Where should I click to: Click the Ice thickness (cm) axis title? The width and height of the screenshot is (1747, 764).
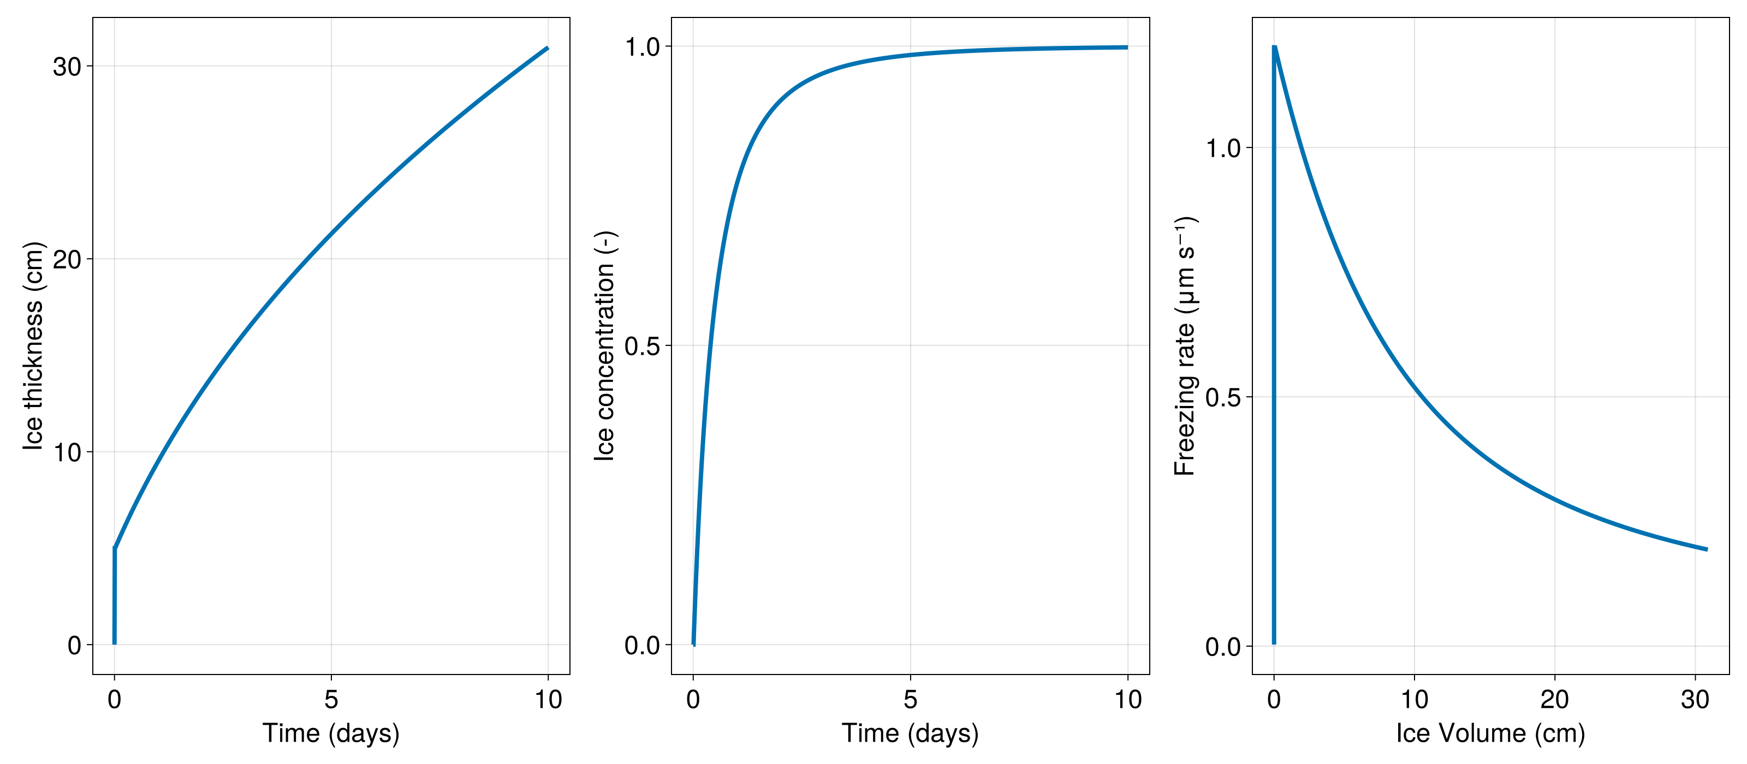coord(33,346)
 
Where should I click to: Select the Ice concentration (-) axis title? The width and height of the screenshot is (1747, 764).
coord(604,346)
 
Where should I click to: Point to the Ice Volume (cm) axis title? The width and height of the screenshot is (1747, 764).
coord(1490,733)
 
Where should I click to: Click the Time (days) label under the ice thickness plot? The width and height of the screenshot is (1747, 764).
coord(331,733)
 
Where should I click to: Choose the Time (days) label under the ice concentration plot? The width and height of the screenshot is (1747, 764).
coord(910,733)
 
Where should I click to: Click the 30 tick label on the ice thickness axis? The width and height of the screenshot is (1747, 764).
coord(67,67)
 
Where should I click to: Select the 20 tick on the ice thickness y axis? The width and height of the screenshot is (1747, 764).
coord(67,259)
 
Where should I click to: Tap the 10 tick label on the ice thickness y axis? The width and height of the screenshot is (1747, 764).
coord(67,452)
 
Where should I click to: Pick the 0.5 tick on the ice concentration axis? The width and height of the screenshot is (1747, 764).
coord(642,346)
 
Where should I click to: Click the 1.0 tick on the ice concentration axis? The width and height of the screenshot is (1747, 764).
coord(642,47)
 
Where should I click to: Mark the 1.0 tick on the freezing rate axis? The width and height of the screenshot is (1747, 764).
coord(1223,148)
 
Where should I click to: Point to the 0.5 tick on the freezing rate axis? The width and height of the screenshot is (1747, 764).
coord(1223,397)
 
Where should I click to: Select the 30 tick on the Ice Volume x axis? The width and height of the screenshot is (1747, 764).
coord(1695,700)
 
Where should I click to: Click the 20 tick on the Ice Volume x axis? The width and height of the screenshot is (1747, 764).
coord(1554,700)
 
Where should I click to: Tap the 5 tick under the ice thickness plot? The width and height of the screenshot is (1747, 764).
coord(331,700)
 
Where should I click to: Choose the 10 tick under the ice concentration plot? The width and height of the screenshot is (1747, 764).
coord(1128,700)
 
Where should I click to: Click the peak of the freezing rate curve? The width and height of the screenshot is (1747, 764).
coord(1274,47)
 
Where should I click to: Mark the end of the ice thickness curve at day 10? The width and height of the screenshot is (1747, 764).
coord(547,48)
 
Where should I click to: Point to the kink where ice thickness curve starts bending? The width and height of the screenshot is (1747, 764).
coord(115,548)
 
